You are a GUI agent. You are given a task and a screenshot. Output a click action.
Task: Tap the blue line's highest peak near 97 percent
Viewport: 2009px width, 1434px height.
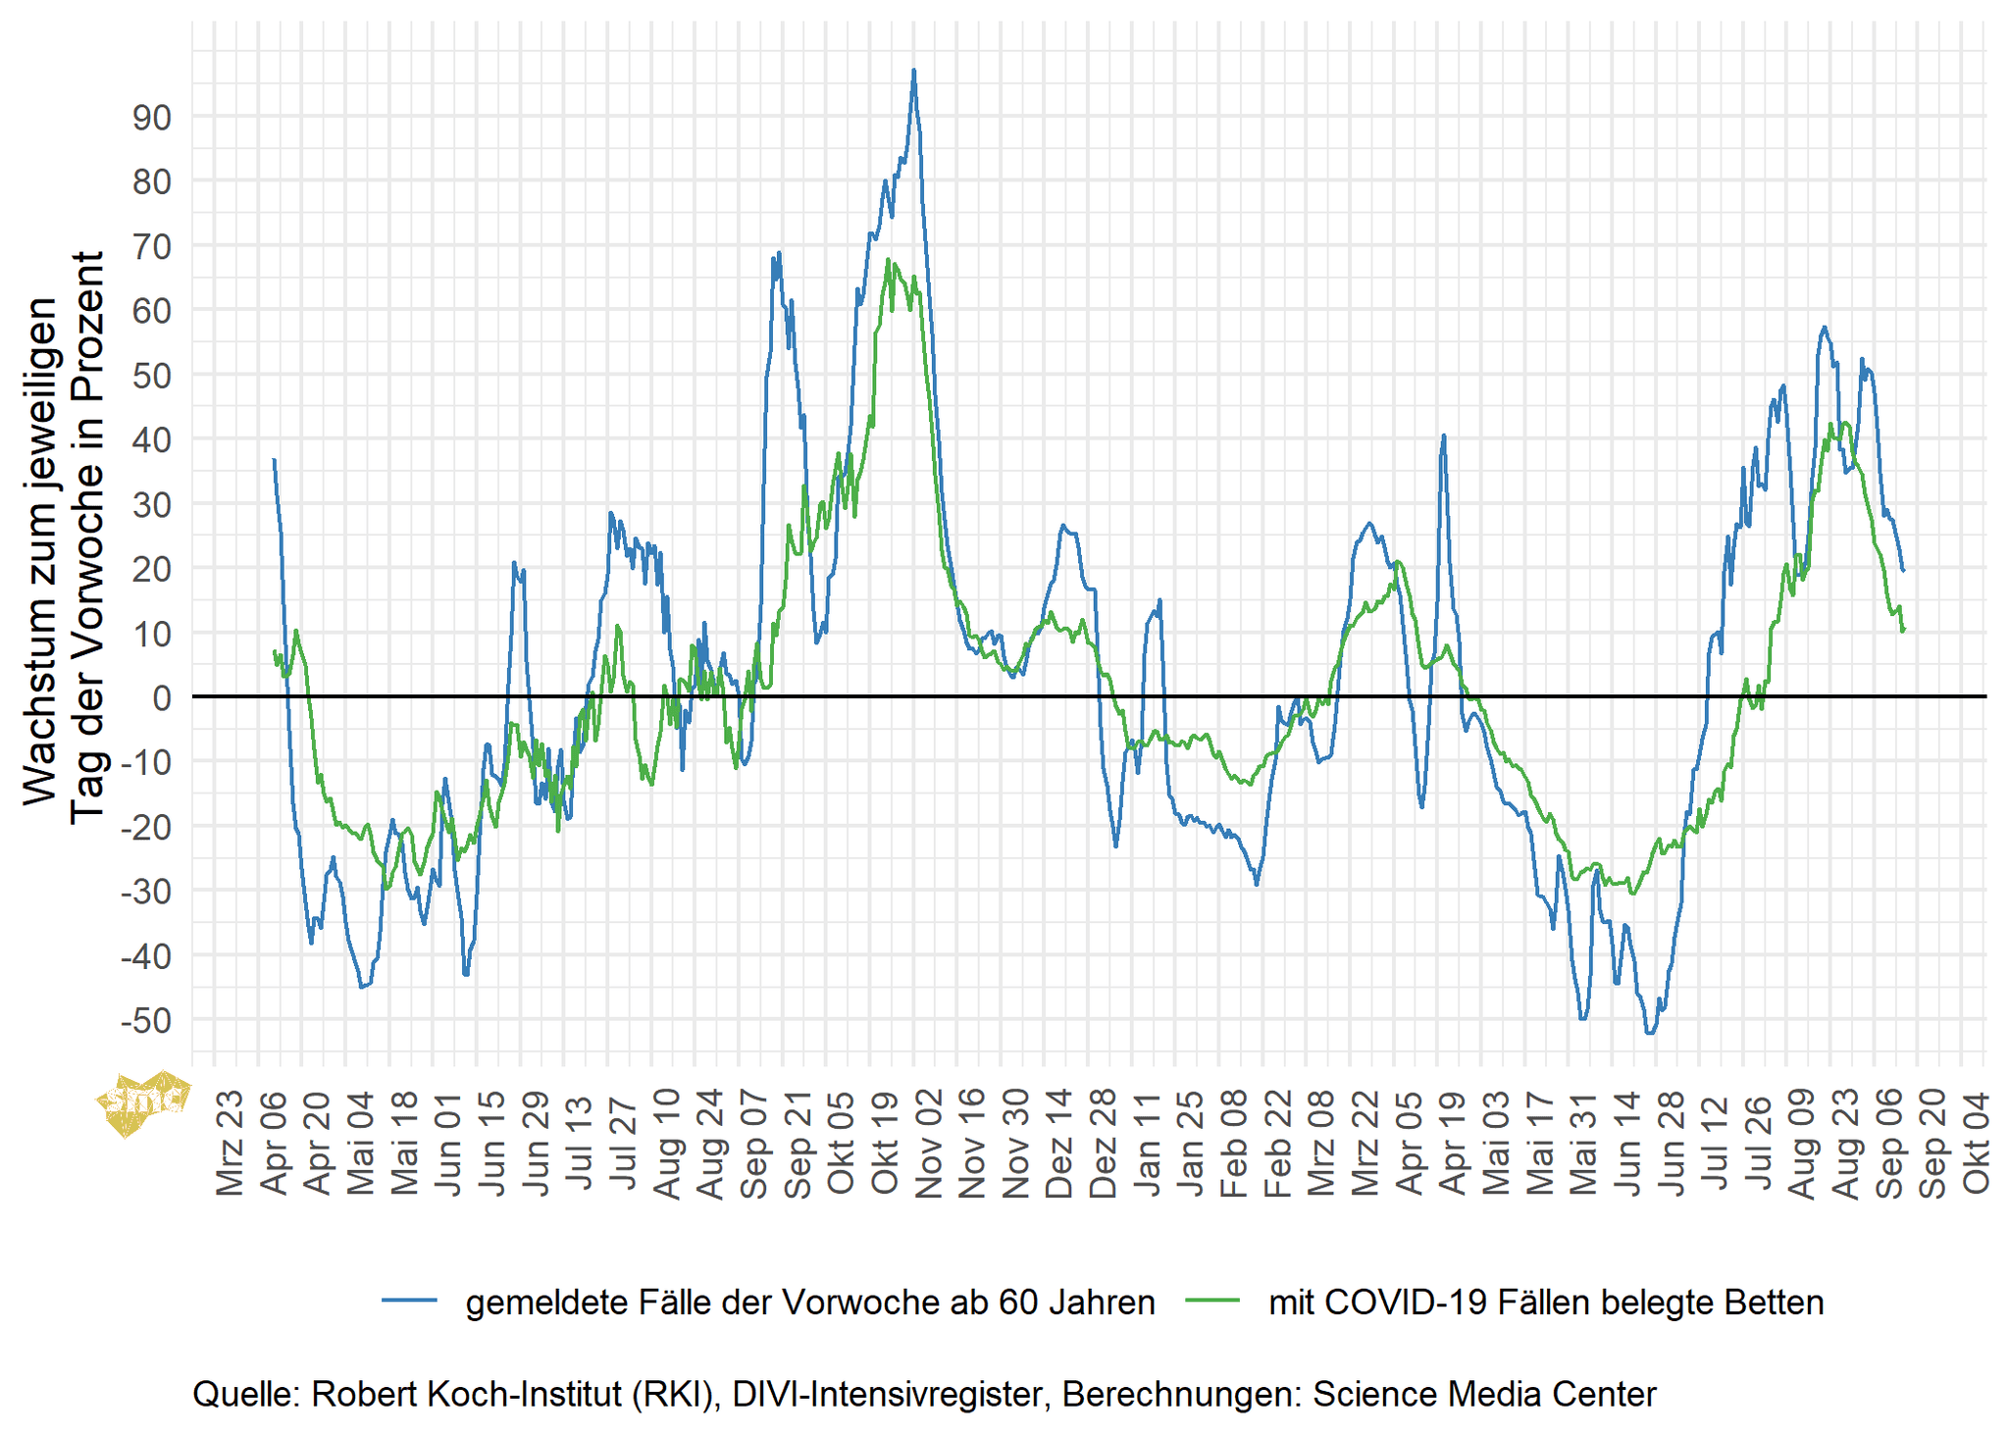913,71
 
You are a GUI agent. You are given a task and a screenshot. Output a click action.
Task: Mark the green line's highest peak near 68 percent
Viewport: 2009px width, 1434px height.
888,260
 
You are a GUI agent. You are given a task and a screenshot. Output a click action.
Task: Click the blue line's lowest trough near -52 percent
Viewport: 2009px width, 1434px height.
1650,1033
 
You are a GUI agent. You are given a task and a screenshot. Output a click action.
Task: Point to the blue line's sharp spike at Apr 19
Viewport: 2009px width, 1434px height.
1444,435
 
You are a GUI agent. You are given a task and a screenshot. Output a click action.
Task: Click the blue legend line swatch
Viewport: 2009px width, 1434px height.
409,1301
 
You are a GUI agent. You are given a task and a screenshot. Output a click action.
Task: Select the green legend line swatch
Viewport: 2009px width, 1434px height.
1212,1301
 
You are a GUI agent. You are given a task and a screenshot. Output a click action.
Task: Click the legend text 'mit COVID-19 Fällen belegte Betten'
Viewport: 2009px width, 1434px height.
1546,1303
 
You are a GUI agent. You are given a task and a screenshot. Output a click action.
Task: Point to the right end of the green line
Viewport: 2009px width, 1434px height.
1903,630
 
